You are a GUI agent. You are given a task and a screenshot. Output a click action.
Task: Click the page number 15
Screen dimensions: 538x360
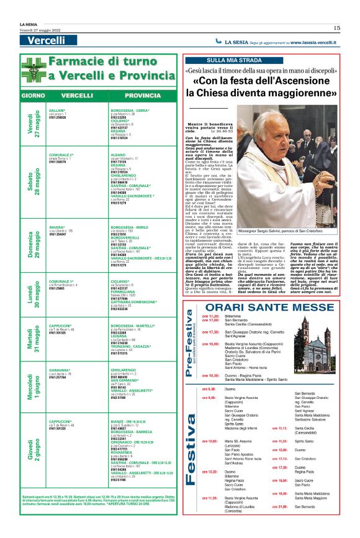tap(336, 27)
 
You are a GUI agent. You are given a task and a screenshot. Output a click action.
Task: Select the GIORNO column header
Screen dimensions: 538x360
tap(32, 96)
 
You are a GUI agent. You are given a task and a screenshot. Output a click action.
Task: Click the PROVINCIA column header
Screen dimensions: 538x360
tap(142, 96)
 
